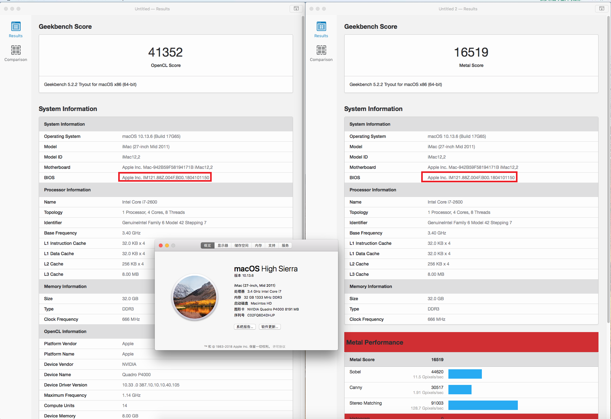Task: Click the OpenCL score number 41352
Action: [165, 52]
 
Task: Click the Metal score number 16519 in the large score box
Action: [471, 52]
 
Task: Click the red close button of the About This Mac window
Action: [161, 245]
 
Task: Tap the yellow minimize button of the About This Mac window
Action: [167, 245]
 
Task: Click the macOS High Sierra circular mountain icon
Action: [194, 297]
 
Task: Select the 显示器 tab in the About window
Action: [223, 245]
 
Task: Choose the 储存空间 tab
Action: [241, 245]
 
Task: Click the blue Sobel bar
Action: [465, 374]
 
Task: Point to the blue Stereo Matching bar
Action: [483, 405]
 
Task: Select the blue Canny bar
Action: [460, 390]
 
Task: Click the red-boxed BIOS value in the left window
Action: [165, 178]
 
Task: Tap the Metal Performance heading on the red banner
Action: [375, 342]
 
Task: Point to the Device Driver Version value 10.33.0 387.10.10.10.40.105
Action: [151, 385]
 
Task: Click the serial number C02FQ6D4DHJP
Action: [261, 315]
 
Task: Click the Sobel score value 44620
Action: [437, 372]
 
